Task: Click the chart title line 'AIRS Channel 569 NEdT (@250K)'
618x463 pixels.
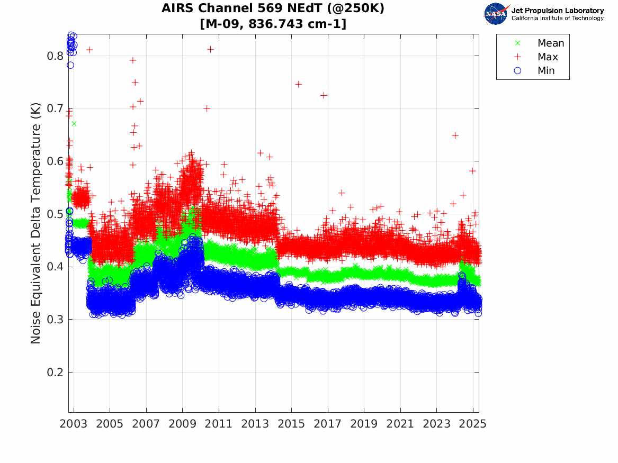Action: [x=273, y=8]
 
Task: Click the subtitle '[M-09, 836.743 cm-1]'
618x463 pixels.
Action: [x=273, y=23]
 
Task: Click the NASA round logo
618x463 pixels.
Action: [x=496, y=14]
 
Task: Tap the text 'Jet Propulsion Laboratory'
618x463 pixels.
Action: [x=557, y=11]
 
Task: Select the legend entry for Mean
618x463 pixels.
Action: [x=550, y=43]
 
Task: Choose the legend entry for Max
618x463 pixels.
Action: [x=547, y=57]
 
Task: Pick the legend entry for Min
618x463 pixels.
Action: [x=546, y=70]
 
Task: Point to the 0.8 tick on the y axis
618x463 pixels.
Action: [x=56, y=56]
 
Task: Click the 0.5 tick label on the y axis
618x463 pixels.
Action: [x=56, y=214]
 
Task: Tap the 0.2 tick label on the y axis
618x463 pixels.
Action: [x=56, y=373]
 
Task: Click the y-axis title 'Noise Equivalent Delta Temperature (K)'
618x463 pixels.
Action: [x=36, y=234]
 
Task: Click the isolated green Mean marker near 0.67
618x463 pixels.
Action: [x=74, y=123]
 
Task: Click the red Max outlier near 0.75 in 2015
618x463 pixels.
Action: [x=298, y=84]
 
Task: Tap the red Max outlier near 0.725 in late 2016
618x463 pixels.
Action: [x=324, y=95]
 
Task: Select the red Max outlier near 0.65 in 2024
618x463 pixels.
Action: [x=455, y=135]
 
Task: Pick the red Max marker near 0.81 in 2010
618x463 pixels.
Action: [x=210, y=49]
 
